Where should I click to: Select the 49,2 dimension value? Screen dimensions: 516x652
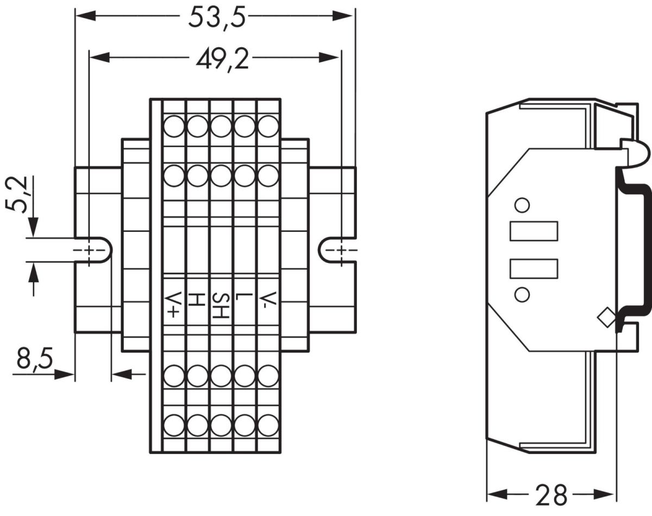click(x=222, y=58)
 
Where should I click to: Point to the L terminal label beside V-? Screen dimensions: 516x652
click(x=245, y=298)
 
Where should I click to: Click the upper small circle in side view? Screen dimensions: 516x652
click(x=522, y=205)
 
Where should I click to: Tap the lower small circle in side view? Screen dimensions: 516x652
click(x=522, y=294)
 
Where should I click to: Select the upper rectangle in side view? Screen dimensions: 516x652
click(x=534, y=231)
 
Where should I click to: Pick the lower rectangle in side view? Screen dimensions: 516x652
click(x=534, y=269)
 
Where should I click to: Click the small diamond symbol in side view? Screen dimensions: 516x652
click(x=605, y=317)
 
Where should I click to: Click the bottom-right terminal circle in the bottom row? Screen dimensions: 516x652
click(x=268, y=425)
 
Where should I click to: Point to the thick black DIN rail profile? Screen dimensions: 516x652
click(x=642, y=250)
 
